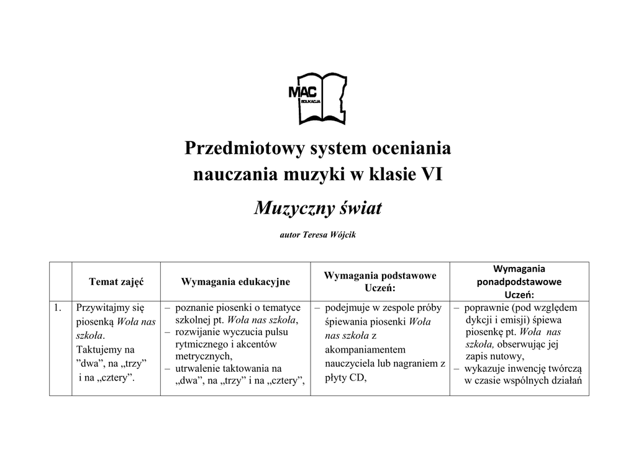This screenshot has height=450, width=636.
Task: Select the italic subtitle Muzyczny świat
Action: (318, 208)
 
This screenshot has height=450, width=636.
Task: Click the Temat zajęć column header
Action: (116, 281)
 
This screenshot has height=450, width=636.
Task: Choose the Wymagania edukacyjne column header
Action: (235, 282)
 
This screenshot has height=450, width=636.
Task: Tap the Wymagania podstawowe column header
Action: (380, 276)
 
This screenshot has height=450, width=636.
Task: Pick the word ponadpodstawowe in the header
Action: (519, 282)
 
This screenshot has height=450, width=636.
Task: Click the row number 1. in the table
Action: (58, 307)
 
